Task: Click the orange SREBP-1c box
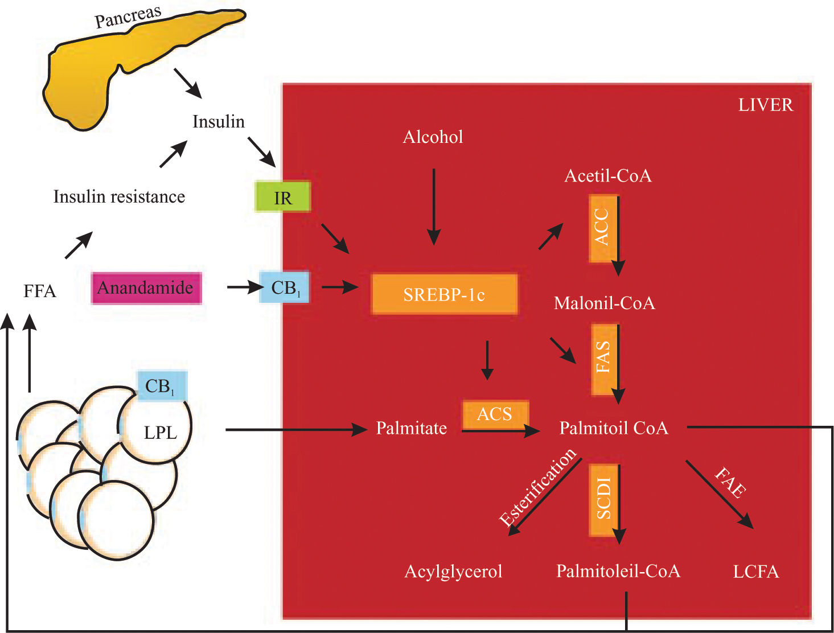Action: pos(445,294)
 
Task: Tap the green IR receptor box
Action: pos(283,197)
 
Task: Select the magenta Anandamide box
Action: pos(146,287)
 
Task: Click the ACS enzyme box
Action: pos(495,414)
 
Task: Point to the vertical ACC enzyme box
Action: pos(603,228)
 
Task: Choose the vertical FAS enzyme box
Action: pos(603,359)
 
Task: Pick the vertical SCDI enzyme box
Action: pos(603,500)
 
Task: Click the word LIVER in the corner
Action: pos(765,105)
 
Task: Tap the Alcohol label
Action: pos(433,137)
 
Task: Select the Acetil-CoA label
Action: pos(607,175)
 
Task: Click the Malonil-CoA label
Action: pos(604,303)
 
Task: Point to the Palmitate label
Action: pos(411,428)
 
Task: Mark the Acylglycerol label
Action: pos(453,571)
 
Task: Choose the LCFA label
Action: pos(755,572)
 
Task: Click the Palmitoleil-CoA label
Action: pos(618,571)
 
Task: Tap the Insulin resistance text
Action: pos(119,197)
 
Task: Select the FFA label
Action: pos(40,291)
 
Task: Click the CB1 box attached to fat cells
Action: pos(161,387)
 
